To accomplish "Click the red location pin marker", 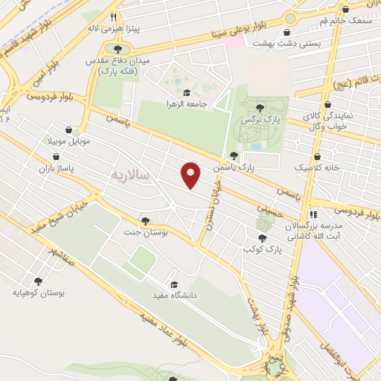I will [191, 176].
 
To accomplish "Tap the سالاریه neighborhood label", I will [130, 175].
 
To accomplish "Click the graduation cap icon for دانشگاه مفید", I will [174, 284].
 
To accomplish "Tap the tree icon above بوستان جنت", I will [145, 220].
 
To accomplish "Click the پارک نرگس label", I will [257, 119].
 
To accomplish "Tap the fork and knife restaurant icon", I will [113, 16].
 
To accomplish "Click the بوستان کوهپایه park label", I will [39, 292].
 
